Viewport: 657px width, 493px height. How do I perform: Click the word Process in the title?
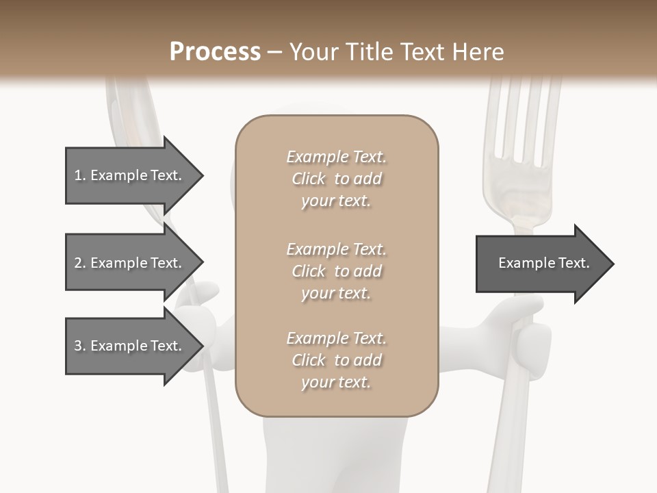[215, 52]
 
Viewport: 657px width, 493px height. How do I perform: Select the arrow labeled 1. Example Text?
[130, 176]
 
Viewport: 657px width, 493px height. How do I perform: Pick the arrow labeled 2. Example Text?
[130, 263]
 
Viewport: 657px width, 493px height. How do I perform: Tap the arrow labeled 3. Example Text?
[130, 346]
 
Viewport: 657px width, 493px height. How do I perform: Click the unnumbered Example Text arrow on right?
[541, 264]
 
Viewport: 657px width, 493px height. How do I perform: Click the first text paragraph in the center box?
[336, 179]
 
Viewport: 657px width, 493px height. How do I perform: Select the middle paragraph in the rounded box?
[336, 271]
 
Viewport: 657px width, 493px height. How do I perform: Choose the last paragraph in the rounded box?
[336, 360]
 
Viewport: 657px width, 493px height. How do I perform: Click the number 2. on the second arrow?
[79, 263]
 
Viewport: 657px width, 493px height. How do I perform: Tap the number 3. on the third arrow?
[79, 346]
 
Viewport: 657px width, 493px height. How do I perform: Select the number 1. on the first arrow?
[79, 176]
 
